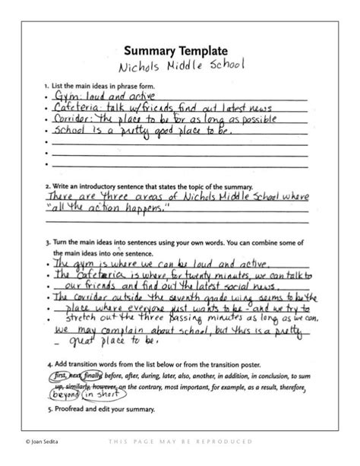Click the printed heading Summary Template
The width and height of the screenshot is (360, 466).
point(179,50)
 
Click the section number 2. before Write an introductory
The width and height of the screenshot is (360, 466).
point(47,185)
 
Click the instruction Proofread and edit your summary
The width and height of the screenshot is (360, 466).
point(103,409)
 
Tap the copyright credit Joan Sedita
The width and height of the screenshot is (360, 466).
point(30,441)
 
